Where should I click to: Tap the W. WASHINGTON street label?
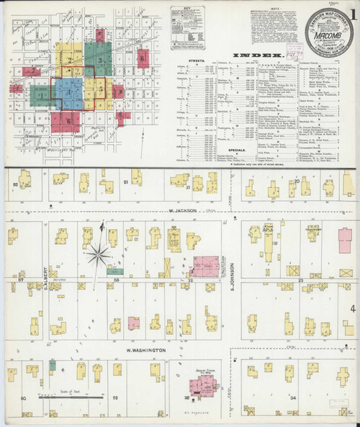[146, 350]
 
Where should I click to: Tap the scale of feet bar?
[60, 395]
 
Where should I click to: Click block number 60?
[23, 397]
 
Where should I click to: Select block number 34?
[292, 397]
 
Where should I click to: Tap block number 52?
[15, 185]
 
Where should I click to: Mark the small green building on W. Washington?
[53, 366]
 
